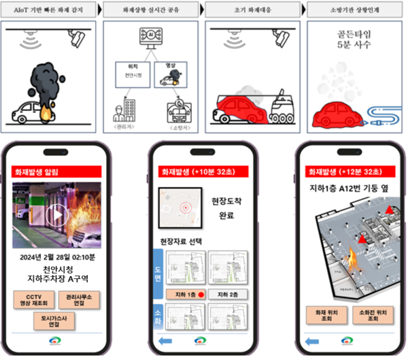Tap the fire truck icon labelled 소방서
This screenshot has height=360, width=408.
[178, 111]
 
